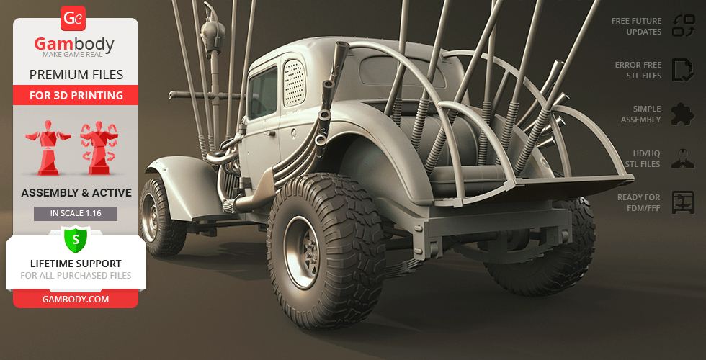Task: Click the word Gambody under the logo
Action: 74,45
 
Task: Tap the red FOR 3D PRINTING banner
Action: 76,95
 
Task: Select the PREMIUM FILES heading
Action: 76,74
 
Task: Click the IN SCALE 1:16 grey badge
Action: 76,213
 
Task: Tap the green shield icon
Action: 76,238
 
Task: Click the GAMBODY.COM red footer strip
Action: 76,299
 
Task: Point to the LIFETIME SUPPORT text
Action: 76,264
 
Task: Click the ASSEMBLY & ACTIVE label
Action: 76,192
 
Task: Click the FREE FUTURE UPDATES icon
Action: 682,26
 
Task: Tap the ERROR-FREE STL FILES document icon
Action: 682,69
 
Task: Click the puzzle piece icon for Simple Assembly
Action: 682,114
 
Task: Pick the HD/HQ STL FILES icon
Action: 682,158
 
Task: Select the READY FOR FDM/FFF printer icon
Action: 682,202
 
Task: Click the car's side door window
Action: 263,94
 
